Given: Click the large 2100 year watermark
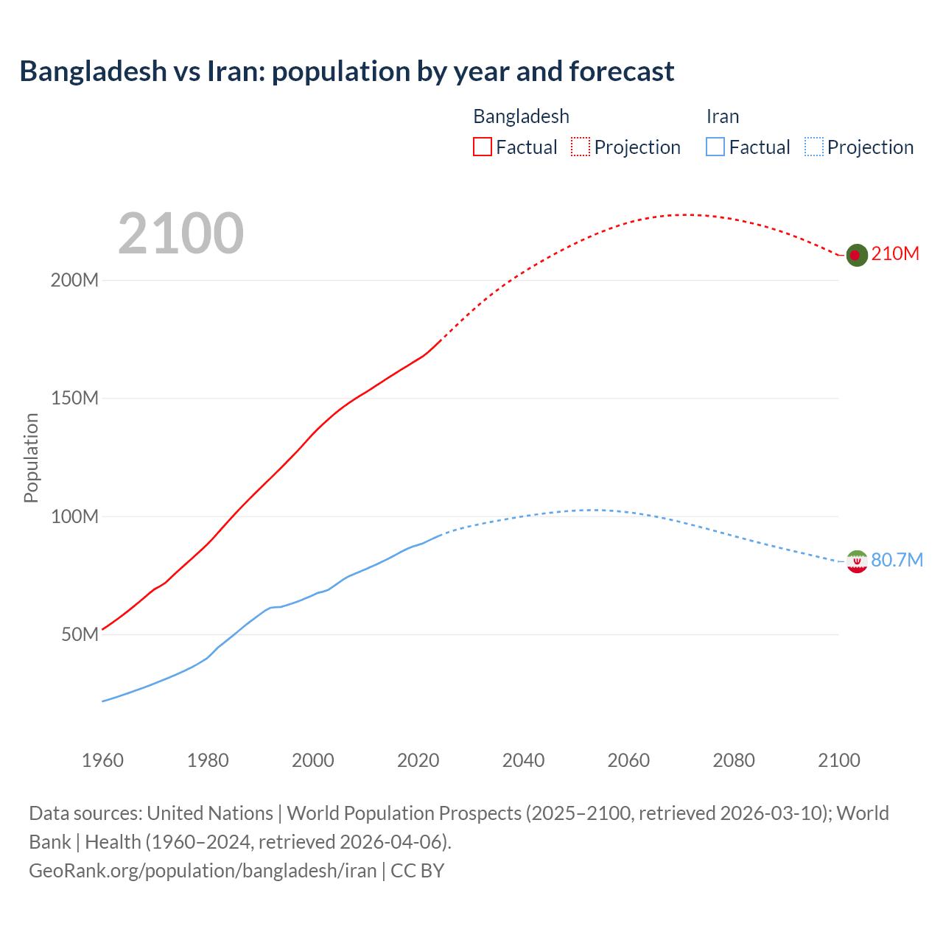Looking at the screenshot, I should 180,234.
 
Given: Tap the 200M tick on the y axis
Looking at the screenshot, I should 74,281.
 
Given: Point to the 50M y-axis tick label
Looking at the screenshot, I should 80,634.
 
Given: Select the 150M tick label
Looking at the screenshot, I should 74,399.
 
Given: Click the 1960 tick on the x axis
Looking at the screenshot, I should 102,760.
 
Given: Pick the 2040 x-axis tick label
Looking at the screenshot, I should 523,760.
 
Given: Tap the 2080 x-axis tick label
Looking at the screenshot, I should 734,760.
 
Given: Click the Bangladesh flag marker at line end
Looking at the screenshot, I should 855,255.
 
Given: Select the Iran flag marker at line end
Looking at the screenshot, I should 856,561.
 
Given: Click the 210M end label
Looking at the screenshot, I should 895,253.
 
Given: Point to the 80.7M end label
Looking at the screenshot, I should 897,560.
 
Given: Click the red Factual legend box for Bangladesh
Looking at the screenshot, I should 482,147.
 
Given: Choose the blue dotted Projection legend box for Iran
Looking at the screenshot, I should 813,147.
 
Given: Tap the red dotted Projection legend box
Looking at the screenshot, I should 581,147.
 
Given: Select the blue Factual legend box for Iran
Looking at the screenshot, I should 715,147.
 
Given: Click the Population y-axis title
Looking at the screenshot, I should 31,458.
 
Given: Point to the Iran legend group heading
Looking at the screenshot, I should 722,116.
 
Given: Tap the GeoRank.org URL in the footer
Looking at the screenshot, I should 203,870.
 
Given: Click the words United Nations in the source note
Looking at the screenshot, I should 210,813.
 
